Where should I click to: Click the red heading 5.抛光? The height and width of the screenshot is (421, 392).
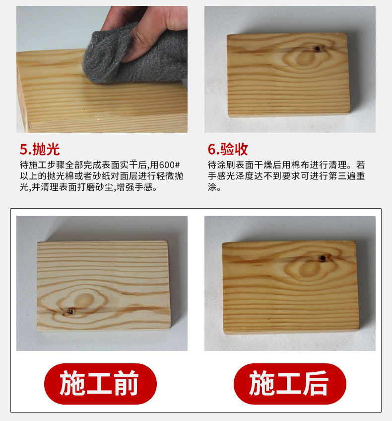tap(40, 149)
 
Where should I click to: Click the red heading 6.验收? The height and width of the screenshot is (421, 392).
tap(228, 149)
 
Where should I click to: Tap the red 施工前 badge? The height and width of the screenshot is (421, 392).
tap(100, 383)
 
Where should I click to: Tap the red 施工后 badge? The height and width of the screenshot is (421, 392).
tap(290, 383)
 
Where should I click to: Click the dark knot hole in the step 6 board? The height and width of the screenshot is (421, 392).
tap(318, 49)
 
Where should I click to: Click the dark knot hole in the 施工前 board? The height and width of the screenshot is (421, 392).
tap(71, 311)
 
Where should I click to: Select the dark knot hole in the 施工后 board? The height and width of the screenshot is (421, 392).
tap(323, 258)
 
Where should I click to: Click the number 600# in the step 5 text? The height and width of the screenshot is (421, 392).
tap(169, 165)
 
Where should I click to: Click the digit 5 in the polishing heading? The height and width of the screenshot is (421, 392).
tap(24, 150)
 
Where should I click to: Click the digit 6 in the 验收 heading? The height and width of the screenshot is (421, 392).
tap(212, 150)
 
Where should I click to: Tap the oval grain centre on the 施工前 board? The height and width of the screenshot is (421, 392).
tap(84, 300)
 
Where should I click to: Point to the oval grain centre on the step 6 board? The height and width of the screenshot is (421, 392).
tap(305, 58)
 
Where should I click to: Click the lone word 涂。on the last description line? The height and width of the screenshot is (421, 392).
tap(214, 187)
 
